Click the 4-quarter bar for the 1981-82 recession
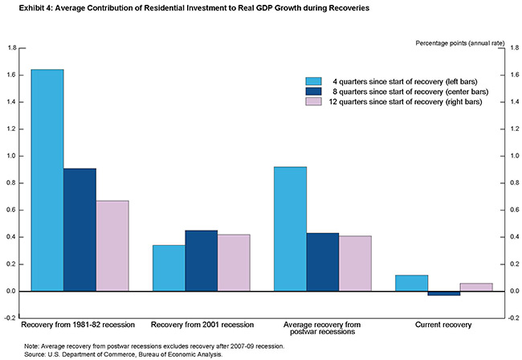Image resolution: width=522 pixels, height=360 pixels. pyautogui.click(x=47, y=180)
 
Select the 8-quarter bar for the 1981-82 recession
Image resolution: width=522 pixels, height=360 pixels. pyautogui.click(x=80, y=229)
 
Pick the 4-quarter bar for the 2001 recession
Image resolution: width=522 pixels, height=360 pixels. pyautogui.click(x=169, y=268)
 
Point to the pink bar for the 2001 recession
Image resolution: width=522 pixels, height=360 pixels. pyautogui.click(x=234, y=263)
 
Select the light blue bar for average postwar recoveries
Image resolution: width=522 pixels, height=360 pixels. pyautogui.click(x=291, y=228)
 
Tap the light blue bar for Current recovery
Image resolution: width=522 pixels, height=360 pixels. pyautogui.click(x=412, y=283)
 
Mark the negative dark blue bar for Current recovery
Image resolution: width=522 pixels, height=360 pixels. pyautogui.click(x=444, y=293)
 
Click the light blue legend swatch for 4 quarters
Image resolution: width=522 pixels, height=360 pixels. pyautogui.click(x=313, y=81)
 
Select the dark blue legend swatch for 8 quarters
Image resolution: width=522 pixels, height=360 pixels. pyautogui.click(x=313, y=92)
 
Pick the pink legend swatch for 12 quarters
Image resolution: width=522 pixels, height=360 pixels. pyautogui.click(x=313, y=102)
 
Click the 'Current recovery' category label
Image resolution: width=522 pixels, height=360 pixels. pyautogui.click(x=444, y=325)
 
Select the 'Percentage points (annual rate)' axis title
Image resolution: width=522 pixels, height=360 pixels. pyautogui.click(x=455, y=42)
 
